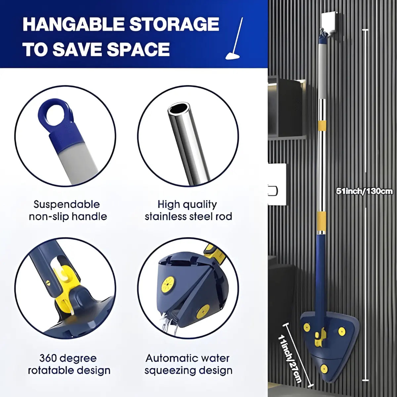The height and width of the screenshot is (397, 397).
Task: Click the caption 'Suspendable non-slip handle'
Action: (68, 210)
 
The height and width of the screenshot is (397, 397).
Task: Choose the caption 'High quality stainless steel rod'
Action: (188, 210)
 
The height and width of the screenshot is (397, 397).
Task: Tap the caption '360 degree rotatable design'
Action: (69, 364)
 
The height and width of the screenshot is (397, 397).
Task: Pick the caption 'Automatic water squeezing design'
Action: (188, 364)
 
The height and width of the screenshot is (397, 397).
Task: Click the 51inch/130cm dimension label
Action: (364, 191)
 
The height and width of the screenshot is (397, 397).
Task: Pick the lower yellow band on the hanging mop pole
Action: (321, 220)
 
